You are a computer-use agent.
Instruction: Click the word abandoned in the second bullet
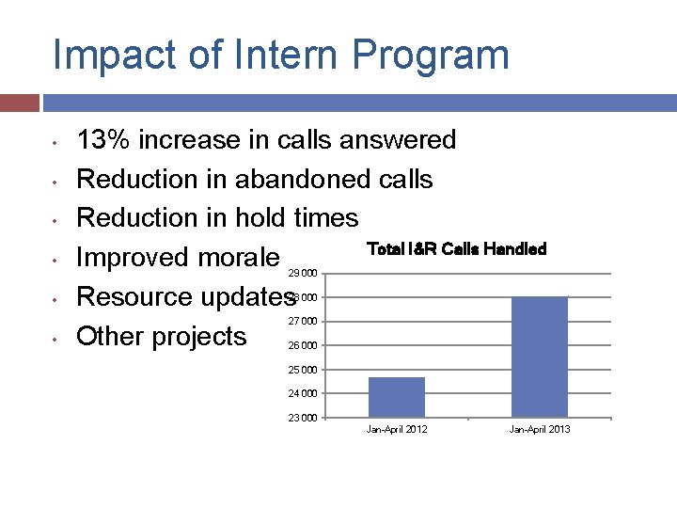pos(301,179)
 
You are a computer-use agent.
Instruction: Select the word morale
pos(236,258)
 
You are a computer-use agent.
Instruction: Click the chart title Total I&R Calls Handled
pos(456,249)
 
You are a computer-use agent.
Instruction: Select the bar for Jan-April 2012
pos(397,397)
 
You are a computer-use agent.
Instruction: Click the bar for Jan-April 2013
pos(540,357)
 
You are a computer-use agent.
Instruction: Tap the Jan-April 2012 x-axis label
pos(397,430)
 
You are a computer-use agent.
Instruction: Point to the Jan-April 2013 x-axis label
pos(540,430)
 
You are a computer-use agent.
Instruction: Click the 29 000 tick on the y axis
pos(302,274)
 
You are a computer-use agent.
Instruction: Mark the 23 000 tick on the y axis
pos(302,418)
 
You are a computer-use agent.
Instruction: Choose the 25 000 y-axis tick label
pos(302,370)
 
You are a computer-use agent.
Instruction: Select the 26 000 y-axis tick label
pos(302,345)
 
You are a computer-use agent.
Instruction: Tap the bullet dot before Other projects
pos(56,338)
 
